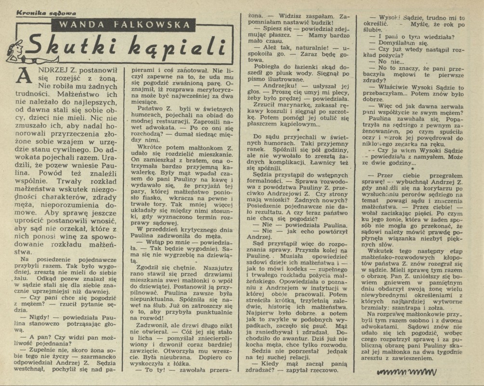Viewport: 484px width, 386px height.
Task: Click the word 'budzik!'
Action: click(x=318, y=23)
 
